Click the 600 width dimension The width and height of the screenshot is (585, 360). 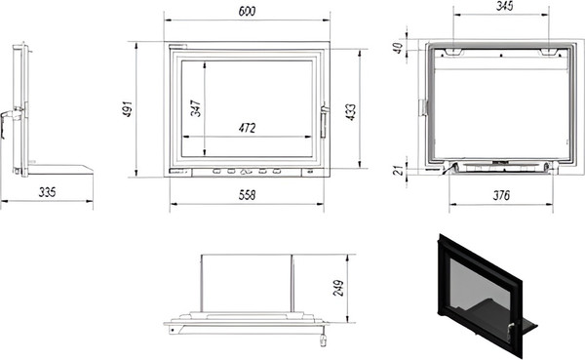coord(247,11)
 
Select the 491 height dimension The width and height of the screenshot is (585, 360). coord(128,109)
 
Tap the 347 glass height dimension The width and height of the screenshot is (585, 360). coord(196,108)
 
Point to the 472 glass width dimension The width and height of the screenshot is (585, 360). coord(247,128)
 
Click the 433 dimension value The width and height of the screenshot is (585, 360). coord(351,112)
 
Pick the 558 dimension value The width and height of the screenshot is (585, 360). coord(247,195)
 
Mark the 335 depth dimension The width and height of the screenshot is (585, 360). coord(48,192)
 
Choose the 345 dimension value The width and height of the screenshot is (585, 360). coord(504,6)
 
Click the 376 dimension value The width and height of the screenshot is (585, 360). coord(501,195)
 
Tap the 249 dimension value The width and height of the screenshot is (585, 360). coord(338,288)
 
